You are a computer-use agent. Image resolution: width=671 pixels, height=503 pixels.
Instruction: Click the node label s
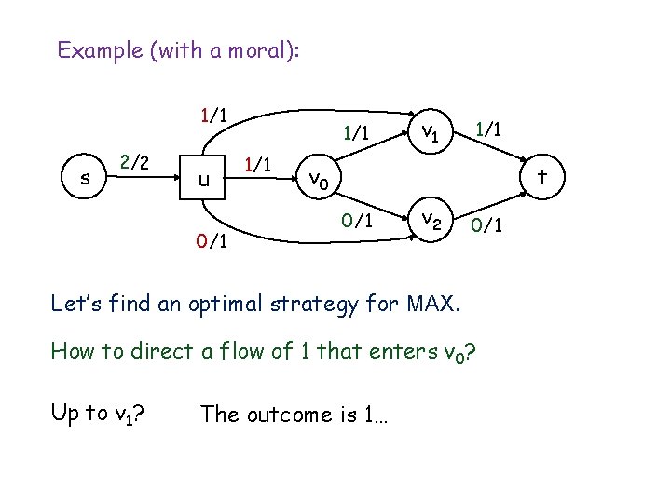pyautogui.click(x=86, y=178)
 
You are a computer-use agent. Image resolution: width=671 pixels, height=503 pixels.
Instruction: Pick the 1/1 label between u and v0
pyautogui.click(x=256, y=164)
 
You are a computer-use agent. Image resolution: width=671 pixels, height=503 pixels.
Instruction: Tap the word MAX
pyautogui.click(x=433, y=303)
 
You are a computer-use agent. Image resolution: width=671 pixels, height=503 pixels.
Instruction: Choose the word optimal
pyautogui.click(x=214, y=303)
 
